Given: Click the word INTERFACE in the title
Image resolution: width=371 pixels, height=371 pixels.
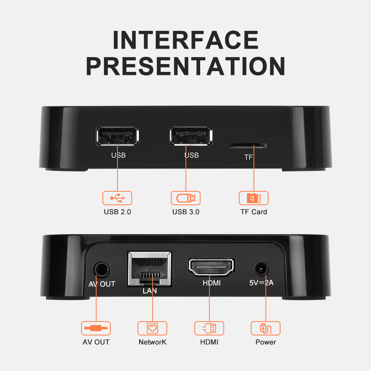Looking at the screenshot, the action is (x=186, y=40).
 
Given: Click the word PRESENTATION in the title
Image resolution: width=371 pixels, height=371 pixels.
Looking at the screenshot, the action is (x=186, y=66).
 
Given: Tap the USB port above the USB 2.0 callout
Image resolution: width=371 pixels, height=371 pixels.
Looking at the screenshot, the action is (x=117, y=136).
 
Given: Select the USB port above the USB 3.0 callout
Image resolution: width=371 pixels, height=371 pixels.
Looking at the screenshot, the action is (x=191, y=136).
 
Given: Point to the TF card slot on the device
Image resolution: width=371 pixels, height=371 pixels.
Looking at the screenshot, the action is (x=248, y=146).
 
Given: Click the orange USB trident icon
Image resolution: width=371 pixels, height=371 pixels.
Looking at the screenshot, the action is (x=117, y=198).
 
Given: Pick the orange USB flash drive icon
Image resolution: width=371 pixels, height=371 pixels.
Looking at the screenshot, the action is (x=186, y=198).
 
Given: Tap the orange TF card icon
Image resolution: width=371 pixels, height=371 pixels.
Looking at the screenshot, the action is (x=254, y=198).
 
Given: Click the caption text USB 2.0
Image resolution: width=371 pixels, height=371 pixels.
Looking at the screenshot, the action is (x=117, y=212).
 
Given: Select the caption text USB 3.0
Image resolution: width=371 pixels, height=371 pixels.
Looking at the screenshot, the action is (x=186, y=212).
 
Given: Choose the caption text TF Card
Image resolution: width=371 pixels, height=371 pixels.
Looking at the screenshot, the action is (x=254, y=212).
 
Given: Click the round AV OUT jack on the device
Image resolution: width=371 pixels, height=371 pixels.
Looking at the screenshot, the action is (x=102, y=269).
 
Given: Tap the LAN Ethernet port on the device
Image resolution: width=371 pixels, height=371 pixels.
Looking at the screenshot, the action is (x=150, y=269).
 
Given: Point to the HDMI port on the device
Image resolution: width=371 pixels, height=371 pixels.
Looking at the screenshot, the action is (x=211, y=267).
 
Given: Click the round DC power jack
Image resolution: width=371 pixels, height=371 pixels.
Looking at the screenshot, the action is (x=262, y=269).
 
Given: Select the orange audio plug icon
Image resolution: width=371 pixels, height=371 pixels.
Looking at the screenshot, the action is (x=96, y=328).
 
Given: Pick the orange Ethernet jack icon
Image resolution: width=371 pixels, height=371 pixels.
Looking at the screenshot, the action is (x=152, y=328).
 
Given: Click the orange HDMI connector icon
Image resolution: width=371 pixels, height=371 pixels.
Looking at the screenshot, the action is (x=209, y=328).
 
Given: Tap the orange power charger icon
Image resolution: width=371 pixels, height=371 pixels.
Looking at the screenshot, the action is (x=265, y=328).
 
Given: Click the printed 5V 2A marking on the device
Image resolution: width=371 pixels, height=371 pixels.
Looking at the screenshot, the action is (x=262, y=283).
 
